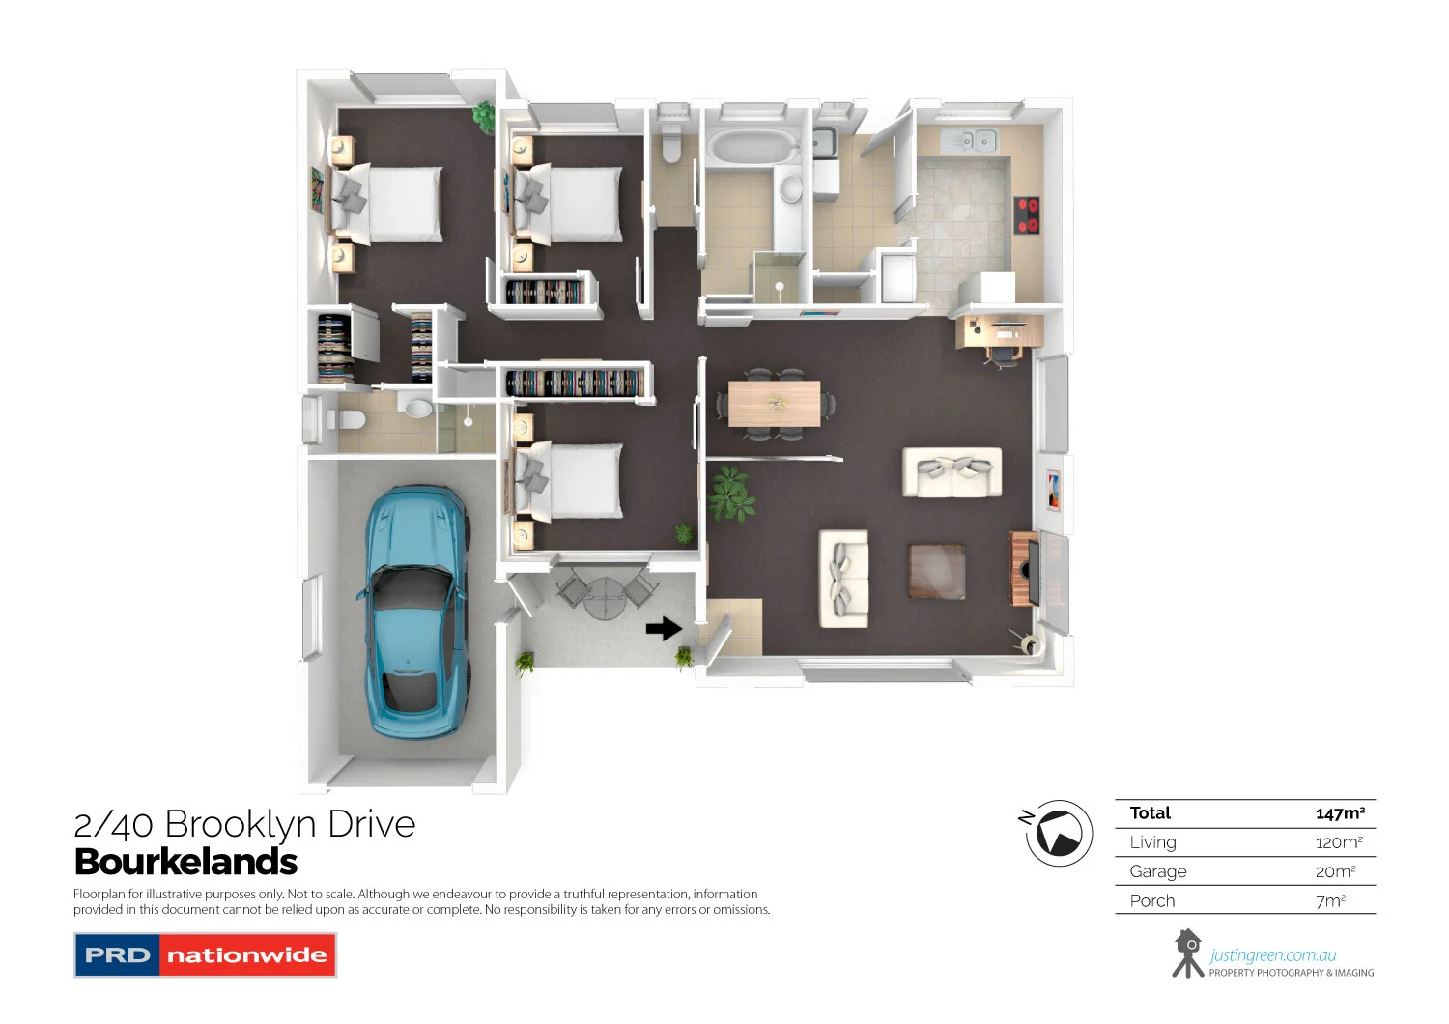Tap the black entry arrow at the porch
pos(664,629)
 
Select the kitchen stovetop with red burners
pos(1026,215)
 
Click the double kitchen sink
pos(970,141)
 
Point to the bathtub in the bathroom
pos(753,148)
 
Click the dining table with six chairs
pos(774,403)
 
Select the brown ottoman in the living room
pos(936,571)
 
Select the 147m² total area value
pos(1339,813)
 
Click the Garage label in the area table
pos(1157,871)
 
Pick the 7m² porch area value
pos(1330,901)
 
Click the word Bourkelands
pos(185,862)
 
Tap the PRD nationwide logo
pos(205,955)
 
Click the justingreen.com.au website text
pos(1272,955)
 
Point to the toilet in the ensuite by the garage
pos(345,420)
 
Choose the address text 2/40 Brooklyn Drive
pos(244,824)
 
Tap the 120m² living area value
pos(1339,842)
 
